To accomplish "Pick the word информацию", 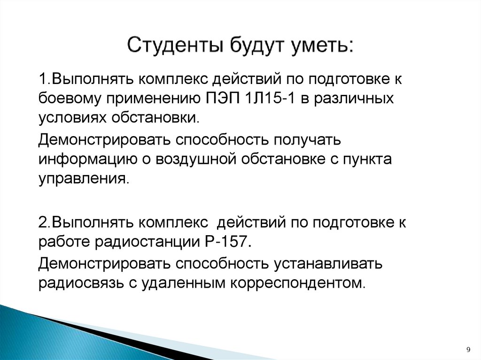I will pos(87,159).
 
